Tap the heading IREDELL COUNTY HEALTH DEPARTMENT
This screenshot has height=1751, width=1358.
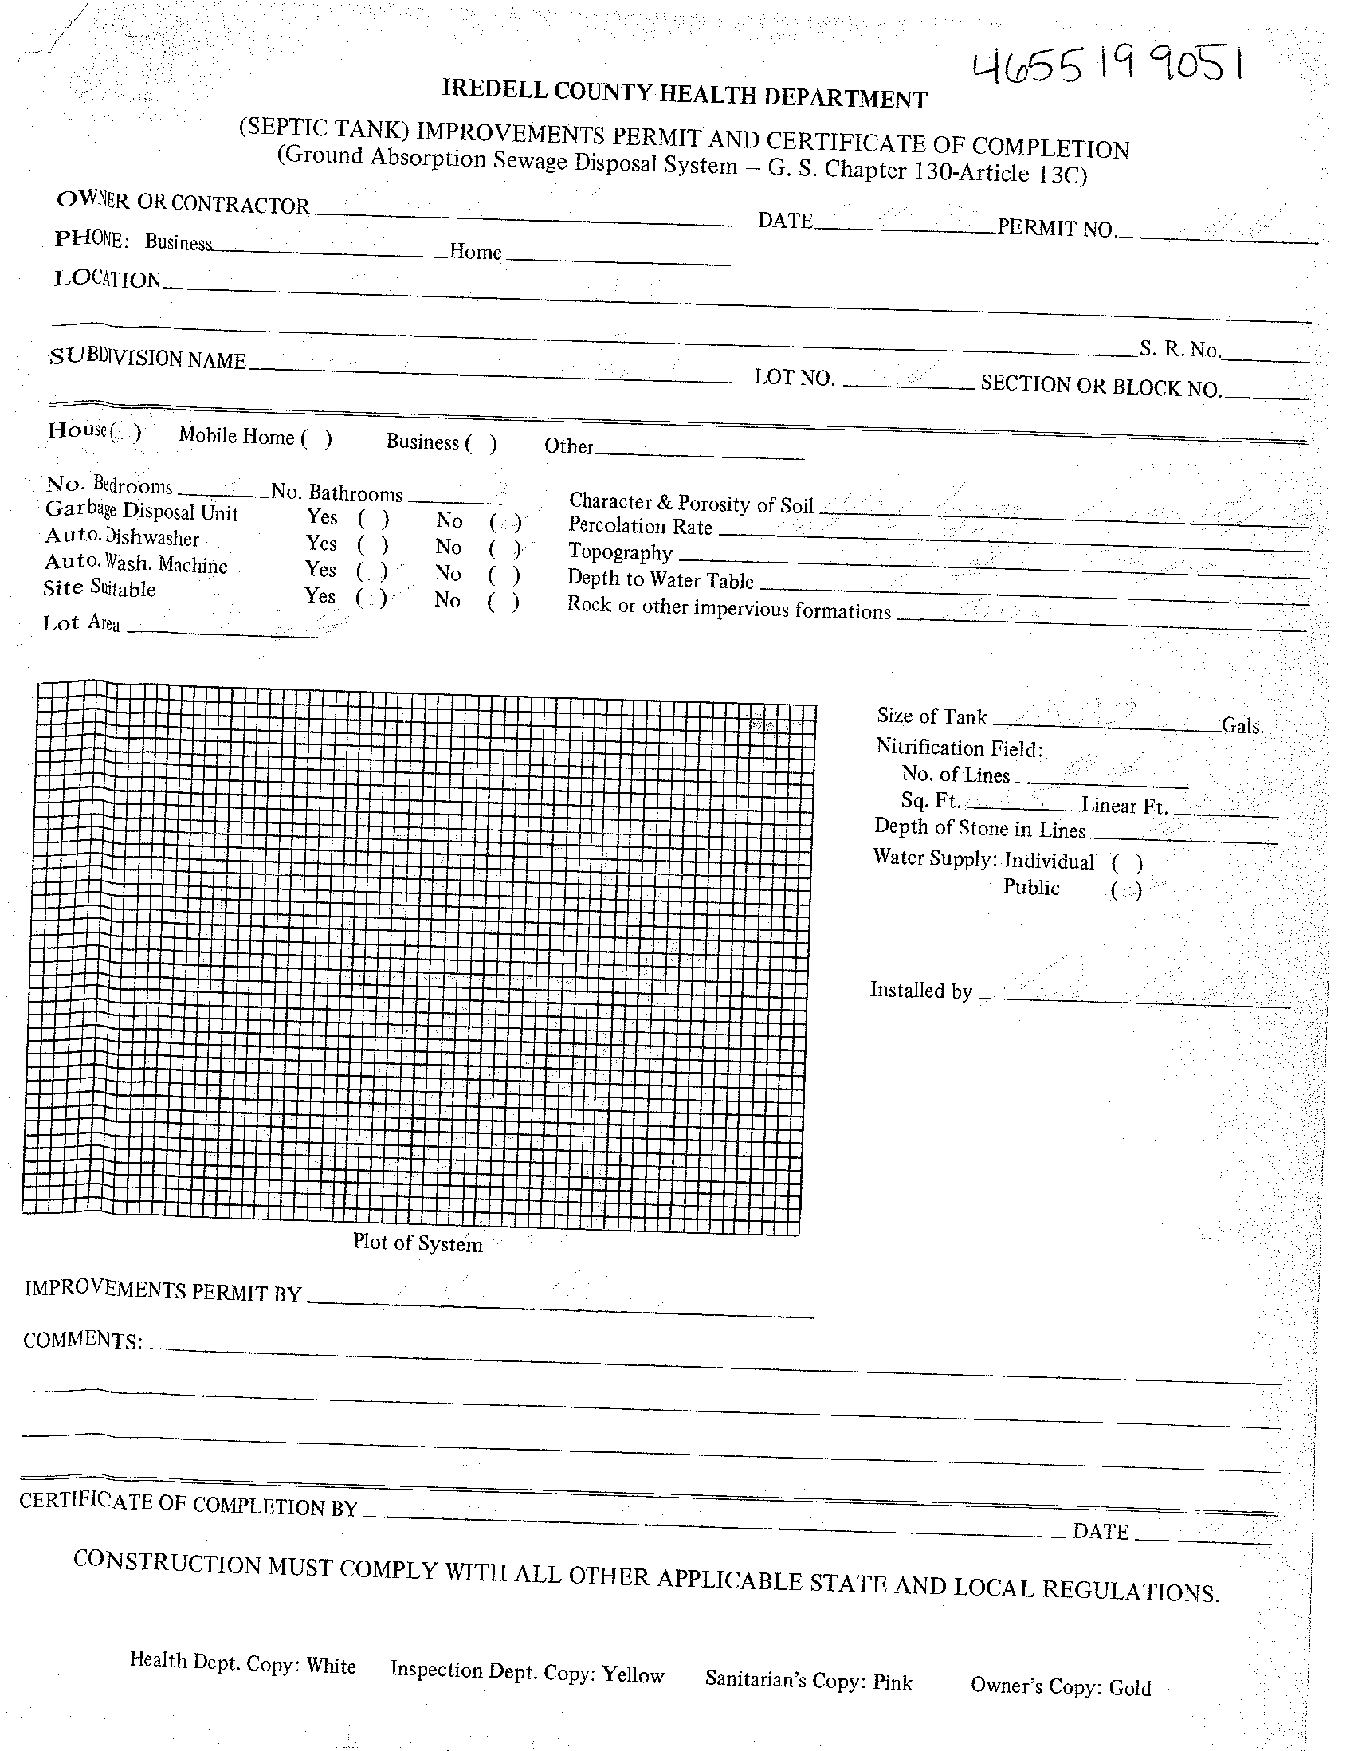tap(684, 95)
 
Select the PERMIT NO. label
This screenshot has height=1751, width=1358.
tap(1056, 229)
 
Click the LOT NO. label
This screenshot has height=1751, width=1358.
tap(795, 378)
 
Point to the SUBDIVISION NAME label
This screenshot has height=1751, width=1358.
tap(147, 359)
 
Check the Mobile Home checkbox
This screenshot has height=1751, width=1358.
tap(316, 438)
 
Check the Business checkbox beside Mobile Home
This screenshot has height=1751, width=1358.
tap(481, 443)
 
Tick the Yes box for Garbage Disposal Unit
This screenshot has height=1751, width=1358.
tap(374, 519)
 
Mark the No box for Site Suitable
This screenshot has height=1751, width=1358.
tap(504, 602)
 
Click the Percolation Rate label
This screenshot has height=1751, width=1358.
tap(640, 526)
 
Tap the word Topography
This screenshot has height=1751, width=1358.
tap(620, 552)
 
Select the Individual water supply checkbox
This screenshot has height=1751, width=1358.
tap(1126, 862)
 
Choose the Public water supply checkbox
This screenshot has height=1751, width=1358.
tap(1125, 892)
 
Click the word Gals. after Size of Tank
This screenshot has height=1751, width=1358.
tap(1242, 726)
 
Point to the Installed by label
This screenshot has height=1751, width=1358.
tap(920, 991)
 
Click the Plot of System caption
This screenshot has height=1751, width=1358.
tap(417, 1243)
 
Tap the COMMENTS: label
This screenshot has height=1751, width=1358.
tap(83, 1340)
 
